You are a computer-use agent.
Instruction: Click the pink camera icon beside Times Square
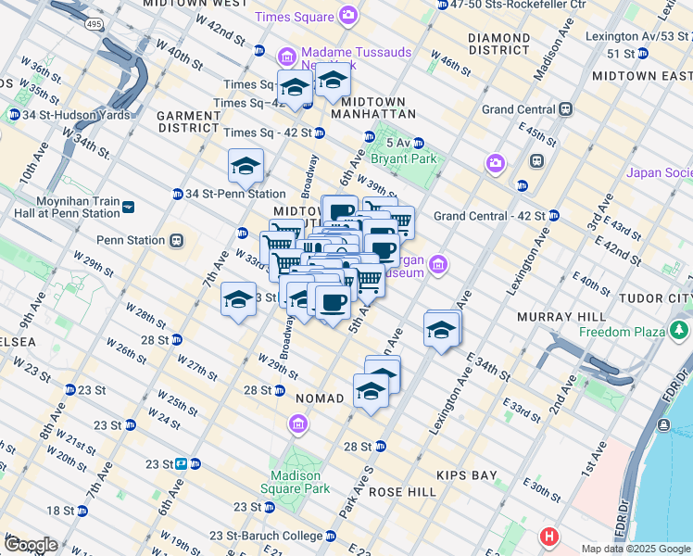[347, 14]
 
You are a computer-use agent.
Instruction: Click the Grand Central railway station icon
[565, 109]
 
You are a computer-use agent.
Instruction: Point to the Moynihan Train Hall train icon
[128, 207]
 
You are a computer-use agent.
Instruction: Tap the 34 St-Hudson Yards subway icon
[13, 115]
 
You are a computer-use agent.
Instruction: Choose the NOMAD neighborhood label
[320, 398]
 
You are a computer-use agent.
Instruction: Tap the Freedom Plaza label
[623, 332]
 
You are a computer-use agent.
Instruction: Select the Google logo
[30, 545]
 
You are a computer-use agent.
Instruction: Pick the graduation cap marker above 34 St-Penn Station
[246, 166]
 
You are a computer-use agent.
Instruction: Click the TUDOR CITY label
[660, 297]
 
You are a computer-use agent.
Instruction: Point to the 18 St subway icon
[82, 511]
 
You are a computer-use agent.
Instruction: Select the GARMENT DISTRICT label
[188, 121]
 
